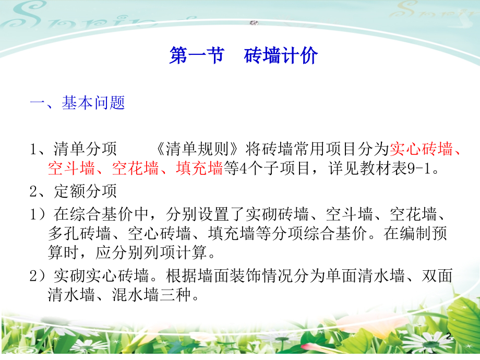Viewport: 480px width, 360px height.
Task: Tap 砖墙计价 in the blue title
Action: click(x=281, y=56)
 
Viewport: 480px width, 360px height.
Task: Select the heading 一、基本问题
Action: click(x=77, y=103)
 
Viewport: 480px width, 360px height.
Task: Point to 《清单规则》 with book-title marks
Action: click(x=199, y=150)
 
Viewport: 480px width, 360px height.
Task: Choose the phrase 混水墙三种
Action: click(x=152, y=296)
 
